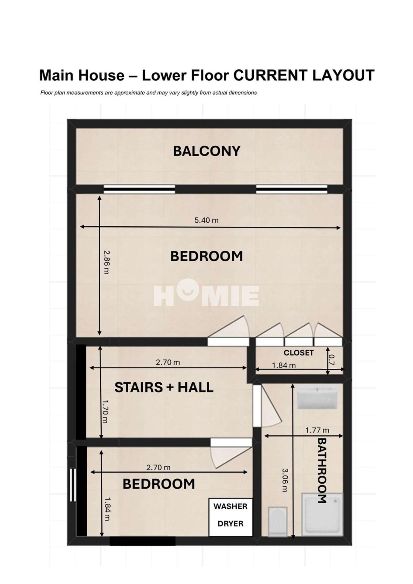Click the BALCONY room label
[206, 151]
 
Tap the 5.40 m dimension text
[206, 220]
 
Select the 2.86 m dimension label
[106, 262]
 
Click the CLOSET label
[298, 353]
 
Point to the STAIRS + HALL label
[164, 387]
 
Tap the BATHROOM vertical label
[322, 471]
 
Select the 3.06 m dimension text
[285, 480]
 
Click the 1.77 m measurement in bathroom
[317, 430]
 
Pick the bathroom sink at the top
[317, 397]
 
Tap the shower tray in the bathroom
[322, 514]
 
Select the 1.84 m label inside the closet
[284, 365]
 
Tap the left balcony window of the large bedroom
[139, 189]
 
